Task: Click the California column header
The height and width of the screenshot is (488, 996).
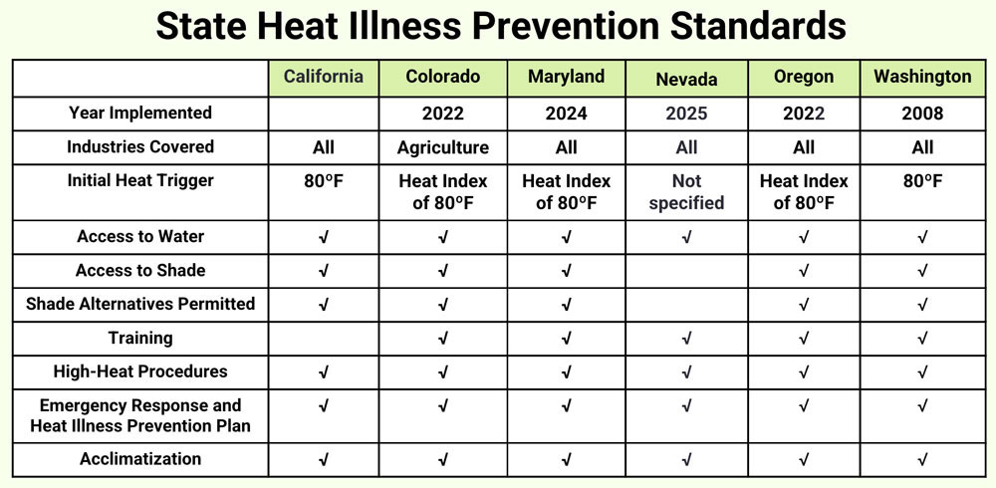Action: (324, 77)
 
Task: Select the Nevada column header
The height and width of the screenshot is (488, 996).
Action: (686, 79)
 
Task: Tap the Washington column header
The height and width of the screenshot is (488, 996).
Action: (922, 77)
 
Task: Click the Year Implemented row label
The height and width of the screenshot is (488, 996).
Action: (140, 113)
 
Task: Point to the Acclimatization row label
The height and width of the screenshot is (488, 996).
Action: (140, 459)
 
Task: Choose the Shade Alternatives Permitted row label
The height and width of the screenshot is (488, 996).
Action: (140, 304)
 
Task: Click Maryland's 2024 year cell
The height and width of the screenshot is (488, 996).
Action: (566, 114)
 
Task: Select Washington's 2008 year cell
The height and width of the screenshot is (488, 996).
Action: (922, 114)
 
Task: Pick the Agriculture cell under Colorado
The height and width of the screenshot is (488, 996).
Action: (443, 147)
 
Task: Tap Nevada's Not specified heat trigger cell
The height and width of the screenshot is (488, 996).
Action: (686, 192)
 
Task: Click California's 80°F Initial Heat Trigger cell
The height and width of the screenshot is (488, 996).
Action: (324, 181)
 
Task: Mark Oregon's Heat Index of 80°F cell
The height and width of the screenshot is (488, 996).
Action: (804, 192)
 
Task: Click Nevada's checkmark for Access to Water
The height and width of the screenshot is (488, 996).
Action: (686, 237)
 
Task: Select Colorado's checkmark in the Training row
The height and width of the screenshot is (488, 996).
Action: (443, 339)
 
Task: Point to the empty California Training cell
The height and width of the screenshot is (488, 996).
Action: (324, 339)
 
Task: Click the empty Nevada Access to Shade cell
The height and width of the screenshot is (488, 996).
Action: (686, 271)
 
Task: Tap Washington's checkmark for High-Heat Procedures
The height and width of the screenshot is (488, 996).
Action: (922, 372)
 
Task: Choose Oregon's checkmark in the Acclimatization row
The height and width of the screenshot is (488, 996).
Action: (804, 460)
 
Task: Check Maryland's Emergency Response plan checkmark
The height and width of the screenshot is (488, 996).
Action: (566, 406)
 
